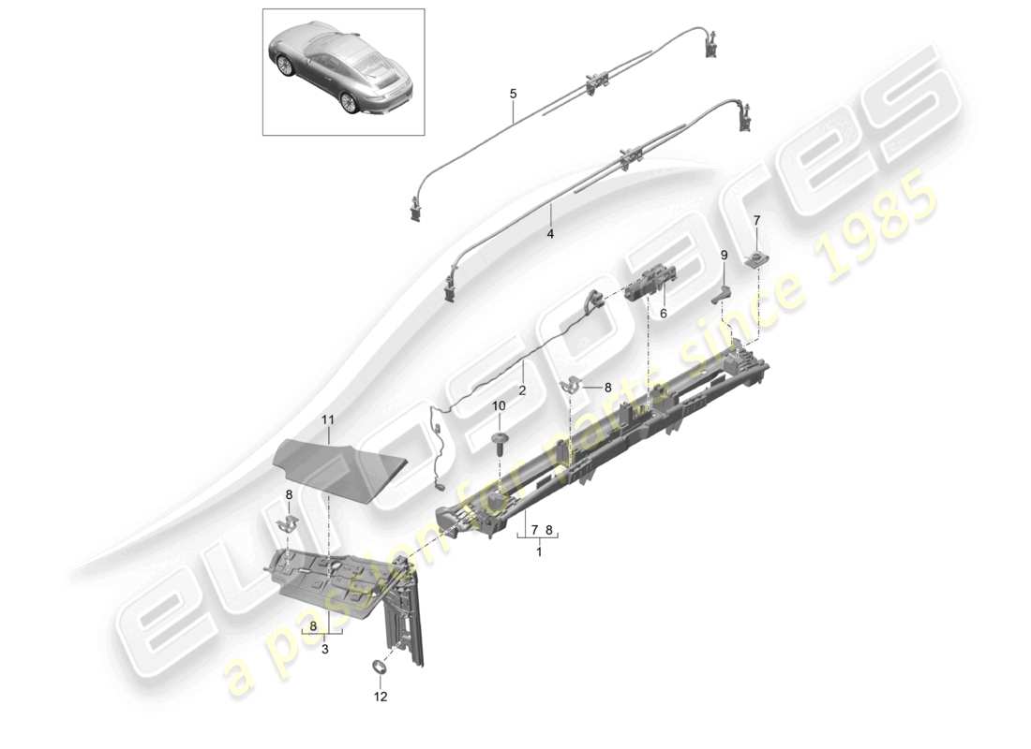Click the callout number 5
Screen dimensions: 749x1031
click(x=513, y=94)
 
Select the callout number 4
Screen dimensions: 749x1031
click(x=551, y=234)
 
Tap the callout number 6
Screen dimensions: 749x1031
click(x=663, y=314)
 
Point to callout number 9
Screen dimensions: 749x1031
click(x=724, y=255)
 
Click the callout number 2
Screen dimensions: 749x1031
click(x=522, y=389)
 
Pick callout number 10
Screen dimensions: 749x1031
click(x=499, y=405)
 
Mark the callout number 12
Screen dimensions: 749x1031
click(x=381, y=697)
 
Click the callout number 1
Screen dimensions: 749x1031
click(x=538, y=552)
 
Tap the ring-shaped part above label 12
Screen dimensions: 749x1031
click(x=381, y=667)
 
